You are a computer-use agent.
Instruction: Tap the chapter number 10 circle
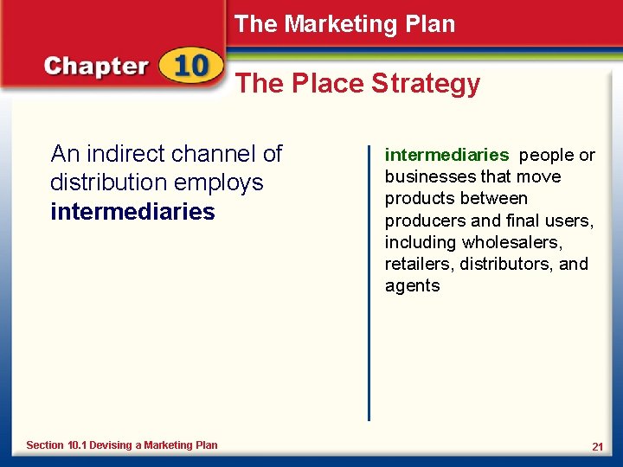[190, 67]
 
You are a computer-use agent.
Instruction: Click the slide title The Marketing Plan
[344, 24]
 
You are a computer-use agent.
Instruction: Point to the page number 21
[597, 446]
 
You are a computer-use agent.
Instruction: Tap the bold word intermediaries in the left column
[132, 212]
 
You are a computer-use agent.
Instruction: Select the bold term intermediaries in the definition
[446, 156]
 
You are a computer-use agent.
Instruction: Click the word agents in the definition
[412, 286]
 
